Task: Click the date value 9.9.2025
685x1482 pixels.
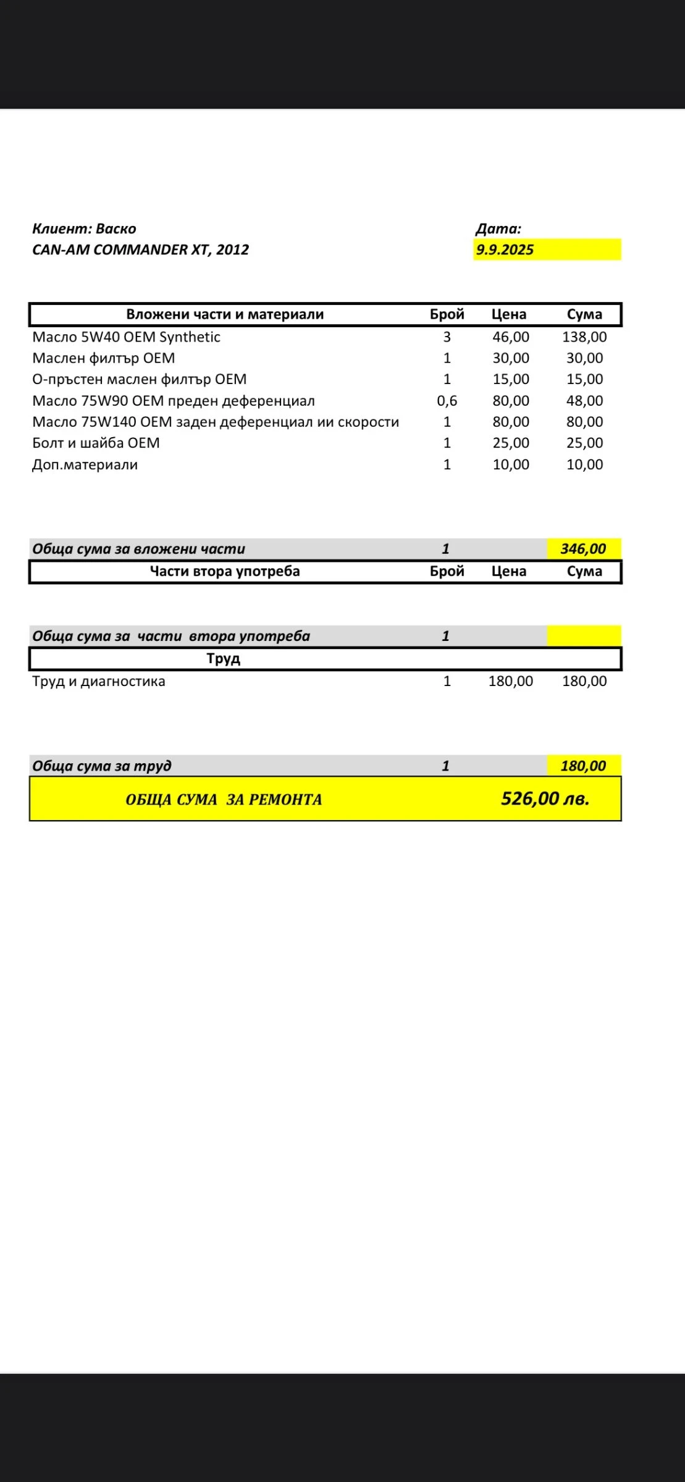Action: pos(505,250)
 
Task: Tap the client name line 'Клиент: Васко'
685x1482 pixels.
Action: pos(84,229)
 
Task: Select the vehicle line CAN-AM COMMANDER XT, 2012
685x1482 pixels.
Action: pos(140,250)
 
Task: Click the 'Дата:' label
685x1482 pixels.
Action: pos(498,229)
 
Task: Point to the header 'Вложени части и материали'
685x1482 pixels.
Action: pos(225,314)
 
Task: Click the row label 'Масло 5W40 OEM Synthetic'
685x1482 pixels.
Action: pos(126,337)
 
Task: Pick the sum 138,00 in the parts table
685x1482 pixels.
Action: pos(584,337)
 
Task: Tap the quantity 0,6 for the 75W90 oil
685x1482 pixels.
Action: pos(447,401)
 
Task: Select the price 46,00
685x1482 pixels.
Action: pos(511,337)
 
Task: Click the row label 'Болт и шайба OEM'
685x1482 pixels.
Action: pos(96,443)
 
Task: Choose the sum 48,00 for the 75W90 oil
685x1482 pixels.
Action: pos(584,401)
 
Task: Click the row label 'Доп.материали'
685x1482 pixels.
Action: pos(85,464)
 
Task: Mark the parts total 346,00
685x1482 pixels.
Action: pos(583,549)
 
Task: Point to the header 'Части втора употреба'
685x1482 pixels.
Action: pos(225,571)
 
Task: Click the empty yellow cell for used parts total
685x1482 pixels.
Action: pos(584,636)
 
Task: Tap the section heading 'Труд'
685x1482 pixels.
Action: pos(224,659)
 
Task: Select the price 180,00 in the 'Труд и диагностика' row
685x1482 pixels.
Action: pos(511,682)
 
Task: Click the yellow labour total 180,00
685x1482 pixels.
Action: pos(583,766)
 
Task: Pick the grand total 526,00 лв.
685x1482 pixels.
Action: pos(545,799)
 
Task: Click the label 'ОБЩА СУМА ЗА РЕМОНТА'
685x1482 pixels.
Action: pos(224,800)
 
